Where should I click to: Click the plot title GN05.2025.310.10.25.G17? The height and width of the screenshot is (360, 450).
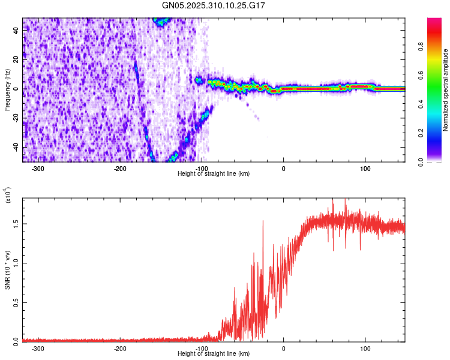tap(214, 5)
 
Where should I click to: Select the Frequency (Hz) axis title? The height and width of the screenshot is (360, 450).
tap(7, 90)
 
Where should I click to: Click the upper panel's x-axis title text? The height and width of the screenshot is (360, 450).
tap(214, 173)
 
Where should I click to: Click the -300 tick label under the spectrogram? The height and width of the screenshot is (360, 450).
tap(38, 168)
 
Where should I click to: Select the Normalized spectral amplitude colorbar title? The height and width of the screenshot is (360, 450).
tap(446, 90)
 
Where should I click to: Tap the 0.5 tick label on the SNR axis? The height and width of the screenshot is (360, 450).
tap(16, 302)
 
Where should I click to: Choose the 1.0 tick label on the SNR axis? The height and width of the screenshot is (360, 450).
tap(16, 262)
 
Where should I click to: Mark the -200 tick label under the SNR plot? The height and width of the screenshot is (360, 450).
tap(119, 348)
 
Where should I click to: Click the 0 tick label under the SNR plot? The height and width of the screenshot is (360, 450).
tap(284, 348)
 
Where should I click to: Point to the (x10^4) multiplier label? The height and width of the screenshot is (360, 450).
tap(7, 196)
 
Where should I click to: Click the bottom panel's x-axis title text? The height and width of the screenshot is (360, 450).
tap(214, 354)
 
